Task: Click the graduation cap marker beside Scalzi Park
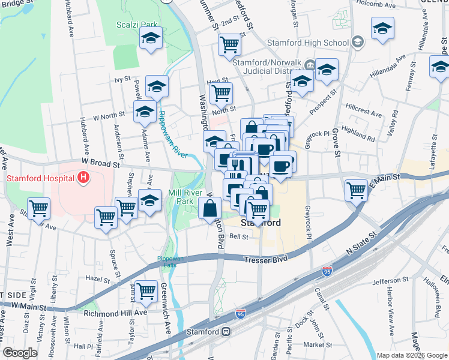coord(151,40)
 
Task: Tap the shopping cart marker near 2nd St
coord(230,44)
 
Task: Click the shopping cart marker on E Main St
coord(356,190)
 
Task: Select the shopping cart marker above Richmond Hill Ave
coord(146,291)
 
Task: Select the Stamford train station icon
coord(226,331)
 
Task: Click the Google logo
coord(20,353)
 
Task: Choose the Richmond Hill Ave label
coord(115,313)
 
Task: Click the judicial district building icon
coord(310,65)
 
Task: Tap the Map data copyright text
coord(411,355)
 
